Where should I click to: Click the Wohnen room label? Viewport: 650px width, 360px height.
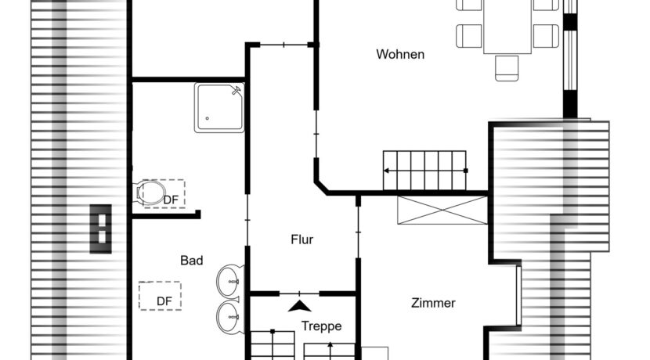tap(400, 54)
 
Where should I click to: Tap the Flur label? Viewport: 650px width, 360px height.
tap(302, 239)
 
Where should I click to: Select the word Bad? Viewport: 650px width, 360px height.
tap(192, 261)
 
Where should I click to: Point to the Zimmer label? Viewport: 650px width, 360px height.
tap(433, 303)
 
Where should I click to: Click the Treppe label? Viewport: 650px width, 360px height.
tap(321, 326)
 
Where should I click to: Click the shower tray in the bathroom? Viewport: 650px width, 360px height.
tap(219, 108)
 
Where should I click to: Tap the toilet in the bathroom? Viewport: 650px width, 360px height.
tap(150, 193)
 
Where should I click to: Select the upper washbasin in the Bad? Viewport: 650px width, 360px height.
tap(230, 282)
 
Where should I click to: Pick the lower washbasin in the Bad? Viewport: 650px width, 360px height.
tap(230, 317)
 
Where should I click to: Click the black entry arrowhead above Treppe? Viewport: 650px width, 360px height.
tap(300, 307)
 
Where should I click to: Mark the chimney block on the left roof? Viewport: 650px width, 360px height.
tap(101, 229)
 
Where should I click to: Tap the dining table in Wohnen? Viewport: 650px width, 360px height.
tap(507, 27)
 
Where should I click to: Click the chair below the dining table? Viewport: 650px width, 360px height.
tap(507, 68)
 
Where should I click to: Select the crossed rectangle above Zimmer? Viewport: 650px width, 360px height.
tap(442, 210)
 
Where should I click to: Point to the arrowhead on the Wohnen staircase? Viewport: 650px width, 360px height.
tap(386, 171)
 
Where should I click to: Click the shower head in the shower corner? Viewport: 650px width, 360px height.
tap(237, 90)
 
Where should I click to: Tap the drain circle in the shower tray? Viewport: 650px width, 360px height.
tap(207, 118)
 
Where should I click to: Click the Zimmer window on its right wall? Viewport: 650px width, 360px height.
tap(518, 296)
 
